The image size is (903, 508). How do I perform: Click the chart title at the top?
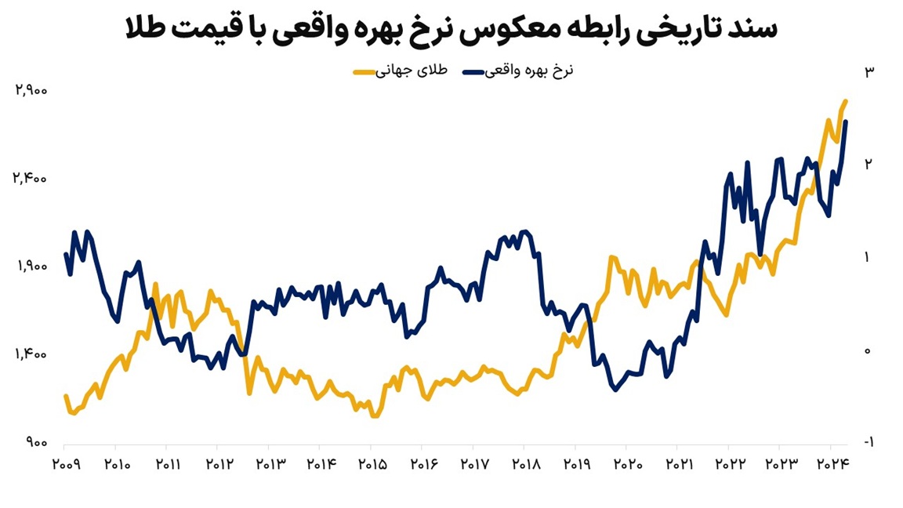click(451, 30)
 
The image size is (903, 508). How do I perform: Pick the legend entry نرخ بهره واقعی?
click(529, 71)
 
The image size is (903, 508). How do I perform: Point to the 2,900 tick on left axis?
click(31, 90)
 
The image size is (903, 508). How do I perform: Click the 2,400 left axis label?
click(31, 179)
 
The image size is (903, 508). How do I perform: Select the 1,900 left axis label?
click(31, 267)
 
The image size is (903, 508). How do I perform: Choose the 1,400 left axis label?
click(31, 355)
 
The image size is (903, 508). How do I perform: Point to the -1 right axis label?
click(867, 443)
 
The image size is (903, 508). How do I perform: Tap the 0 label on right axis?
click(868, 350)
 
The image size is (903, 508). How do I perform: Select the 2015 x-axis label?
click(372, 464)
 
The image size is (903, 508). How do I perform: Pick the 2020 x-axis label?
click(628, 464)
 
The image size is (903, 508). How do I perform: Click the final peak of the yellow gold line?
click(846, 101)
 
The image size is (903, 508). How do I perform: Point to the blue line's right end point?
click(847, 122)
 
